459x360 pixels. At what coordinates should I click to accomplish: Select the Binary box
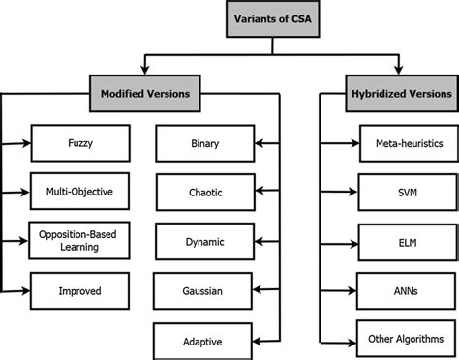(203, 144)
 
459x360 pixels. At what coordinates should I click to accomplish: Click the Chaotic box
(203, 192)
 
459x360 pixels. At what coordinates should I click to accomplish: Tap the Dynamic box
(203, 240)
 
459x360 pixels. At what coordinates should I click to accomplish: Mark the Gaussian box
(203, 288)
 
